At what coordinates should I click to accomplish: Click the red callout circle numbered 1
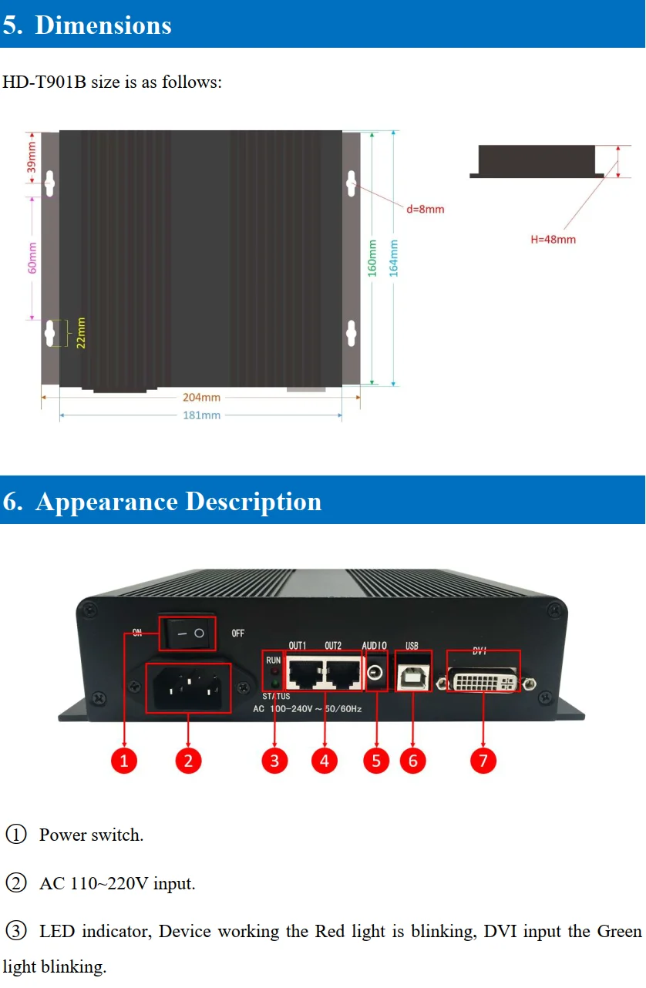pyautogui.click(x=123, y=761)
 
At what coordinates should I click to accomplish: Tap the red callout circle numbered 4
pyautogui.click(x=324, y=761)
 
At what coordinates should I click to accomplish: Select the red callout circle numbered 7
pyautogui.click(x=483, y=761)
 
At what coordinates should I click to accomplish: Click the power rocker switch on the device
pyautogui.click(x=189, y=633)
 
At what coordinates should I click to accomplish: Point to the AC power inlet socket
pyautogui.click(x=189, y=687)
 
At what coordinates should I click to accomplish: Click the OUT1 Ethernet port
pyautogui.click(x=304, y=673)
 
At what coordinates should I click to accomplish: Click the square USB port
pyautogui.click(x=413, y=672)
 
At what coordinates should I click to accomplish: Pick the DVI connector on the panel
pyautogui.click(x=483, y=681)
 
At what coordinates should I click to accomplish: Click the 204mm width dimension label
pyautogui.click(x=201, y=397)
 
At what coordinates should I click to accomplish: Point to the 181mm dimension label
pyautogui.click(x=201, y=415)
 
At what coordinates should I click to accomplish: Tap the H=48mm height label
pyautogui.click(x=553, y=240)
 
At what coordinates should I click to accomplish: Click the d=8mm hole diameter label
pyautogui.click(x=425, y=209)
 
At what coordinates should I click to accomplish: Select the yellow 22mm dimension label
pyautogui.click(x=81, y=333)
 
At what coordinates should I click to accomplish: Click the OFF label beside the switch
pyautogui.click(x=238, y=633)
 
